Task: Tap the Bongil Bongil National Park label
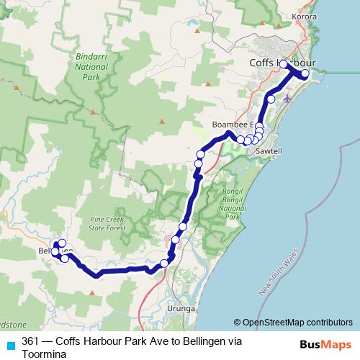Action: click(x=232, y=202)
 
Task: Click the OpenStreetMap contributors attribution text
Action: click(x=293, y=322)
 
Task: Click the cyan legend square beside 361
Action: click(x=9, y=345)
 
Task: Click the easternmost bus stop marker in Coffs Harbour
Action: click(x=305, y=73)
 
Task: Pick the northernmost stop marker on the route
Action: click(x=284, y=65)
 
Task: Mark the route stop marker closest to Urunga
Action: click(x=164, y=263)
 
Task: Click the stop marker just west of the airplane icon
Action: click(x=271, y=99)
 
